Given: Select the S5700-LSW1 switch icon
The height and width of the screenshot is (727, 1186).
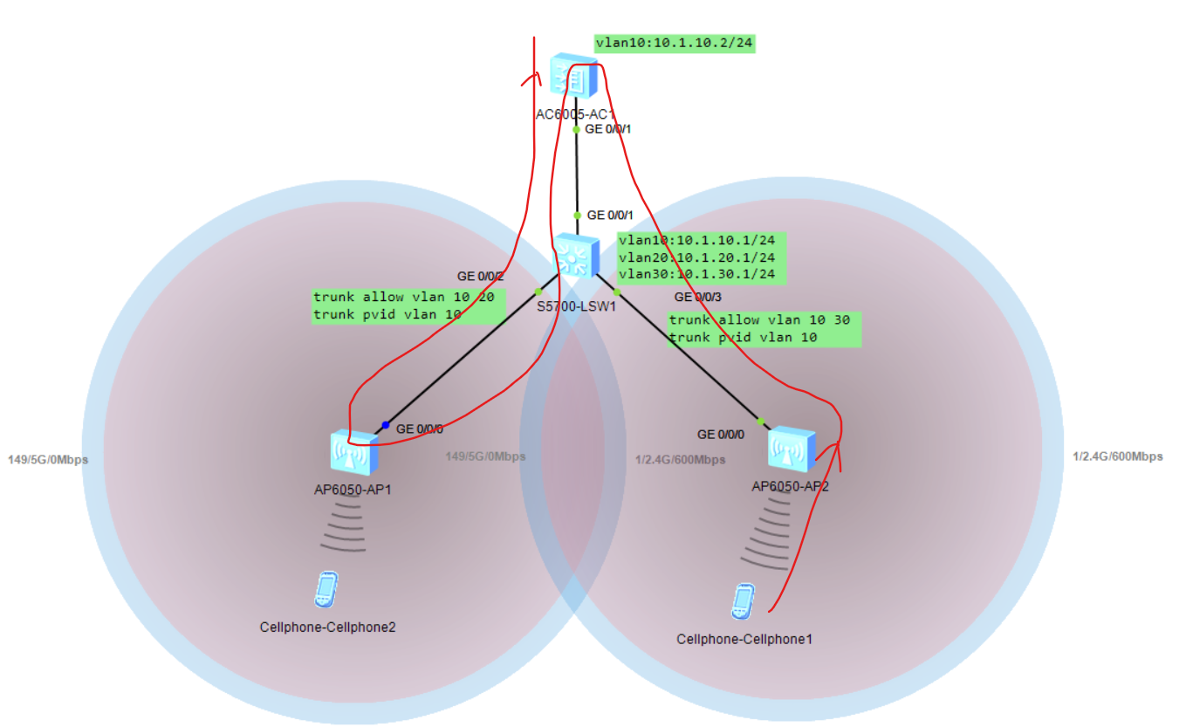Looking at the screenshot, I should tap(575, 255).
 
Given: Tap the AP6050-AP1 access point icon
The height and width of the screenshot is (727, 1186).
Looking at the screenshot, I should tap(354, 452).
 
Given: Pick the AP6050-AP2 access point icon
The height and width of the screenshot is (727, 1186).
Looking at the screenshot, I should tap(792, 449).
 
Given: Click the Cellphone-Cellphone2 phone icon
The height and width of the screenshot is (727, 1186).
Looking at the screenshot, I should tap(326, 589).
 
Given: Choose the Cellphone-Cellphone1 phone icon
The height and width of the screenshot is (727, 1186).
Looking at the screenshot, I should tap(742, 601).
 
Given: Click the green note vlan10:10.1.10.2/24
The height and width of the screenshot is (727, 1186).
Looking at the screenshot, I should tap(674, 42).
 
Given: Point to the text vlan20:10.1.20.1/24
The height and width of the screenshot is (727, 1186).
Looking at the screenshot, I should tap(696, 257).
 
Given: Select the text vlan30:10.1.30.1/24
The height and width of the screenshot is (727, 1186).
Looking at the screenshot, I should tap(696, 274).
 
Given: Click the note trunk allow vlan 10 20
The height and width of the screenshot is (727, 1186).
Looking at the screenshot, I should tap(403, 298).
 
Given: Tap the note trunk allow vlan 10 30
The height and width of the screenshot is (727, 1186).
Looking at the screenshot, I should tap(759, 320).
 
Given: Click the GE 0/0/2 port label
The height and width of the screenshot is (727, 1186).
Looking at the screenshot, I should tap(481, 277).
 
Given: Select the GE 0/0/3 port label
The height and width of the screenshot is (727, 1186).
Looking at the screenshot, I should tap(697, 298).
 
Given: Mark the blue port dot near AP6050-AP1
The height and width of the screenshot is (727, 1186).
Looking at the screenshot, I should tap(385, 425).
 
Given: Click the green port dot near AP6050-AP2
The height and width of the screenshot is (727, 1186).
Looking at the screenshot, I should tap(760, 422).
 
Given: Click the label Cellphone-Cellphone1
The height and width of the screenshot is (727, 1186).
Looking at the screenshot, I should tap(744, 639).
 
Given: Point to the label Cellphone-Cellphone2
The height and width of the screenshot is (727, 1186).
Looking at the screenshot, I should tap(327, 627).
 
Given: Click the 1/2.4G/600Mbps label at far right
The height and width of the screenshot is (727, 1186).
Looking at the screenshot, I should tap(1117, 456).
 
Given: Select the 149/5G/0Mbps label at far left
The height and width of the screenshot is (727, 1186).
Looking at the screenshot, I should tap(48, 460).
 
